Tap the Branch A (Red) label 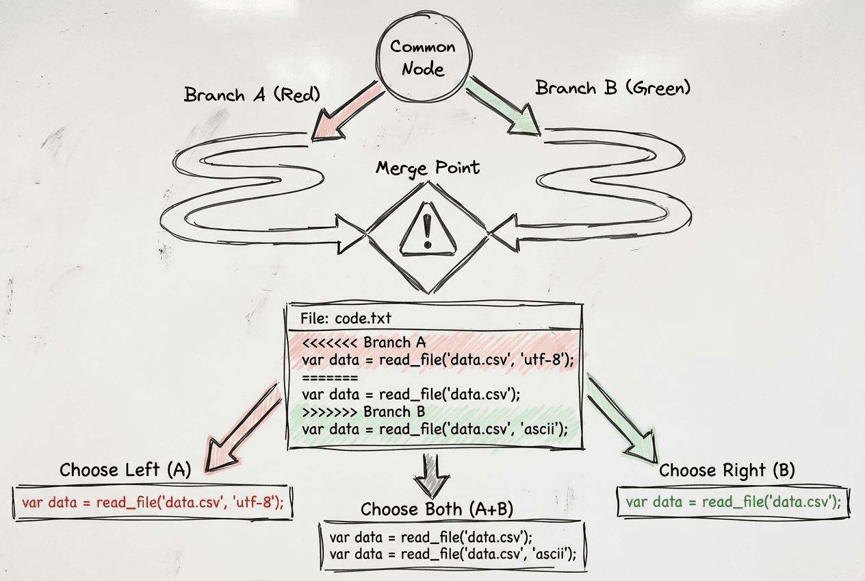click(252, 94)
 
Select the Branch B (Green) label click(612, 88)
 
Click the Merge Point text click(428, 168)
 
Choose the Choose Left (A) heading click(125, 470)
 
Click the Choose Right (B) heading click(726, 471)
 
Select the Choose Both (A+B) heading click(437, 509)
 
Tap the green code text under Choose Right click(733, 502)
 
